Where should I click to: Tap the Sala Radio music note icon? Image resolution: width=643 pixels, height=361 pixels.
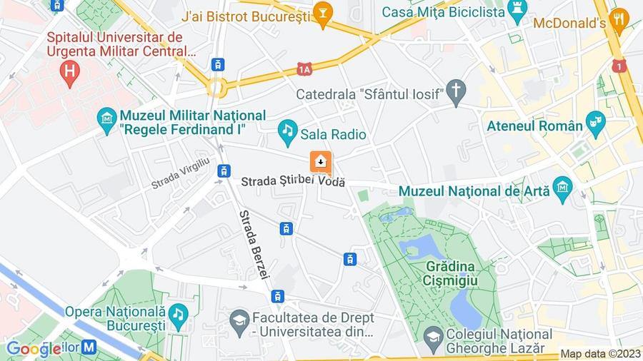287,130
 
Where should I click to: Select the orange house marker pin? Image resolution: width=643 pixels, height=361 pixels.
320,162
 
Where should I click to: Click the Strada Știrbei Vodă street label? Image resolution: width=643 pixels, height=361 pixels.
293,181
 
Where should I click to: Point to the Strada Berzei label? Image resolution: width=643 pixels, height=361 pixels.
254,244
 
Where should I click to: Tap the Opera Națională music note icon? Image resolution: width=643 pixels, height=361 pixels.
178,313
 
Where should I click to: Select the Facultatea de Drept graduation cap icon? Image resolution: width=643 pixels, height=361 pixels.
239,317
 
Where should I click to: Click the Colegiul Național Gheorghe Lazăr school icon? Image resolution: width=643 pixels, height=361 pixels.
432,335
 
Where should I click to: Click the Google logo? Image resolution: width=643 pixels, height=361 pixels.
33,348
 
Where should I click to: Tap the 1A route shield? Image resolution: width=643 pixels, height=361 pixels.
305,68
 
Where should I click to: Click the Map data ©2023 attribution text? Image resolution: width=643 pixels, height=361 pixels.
600,354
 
